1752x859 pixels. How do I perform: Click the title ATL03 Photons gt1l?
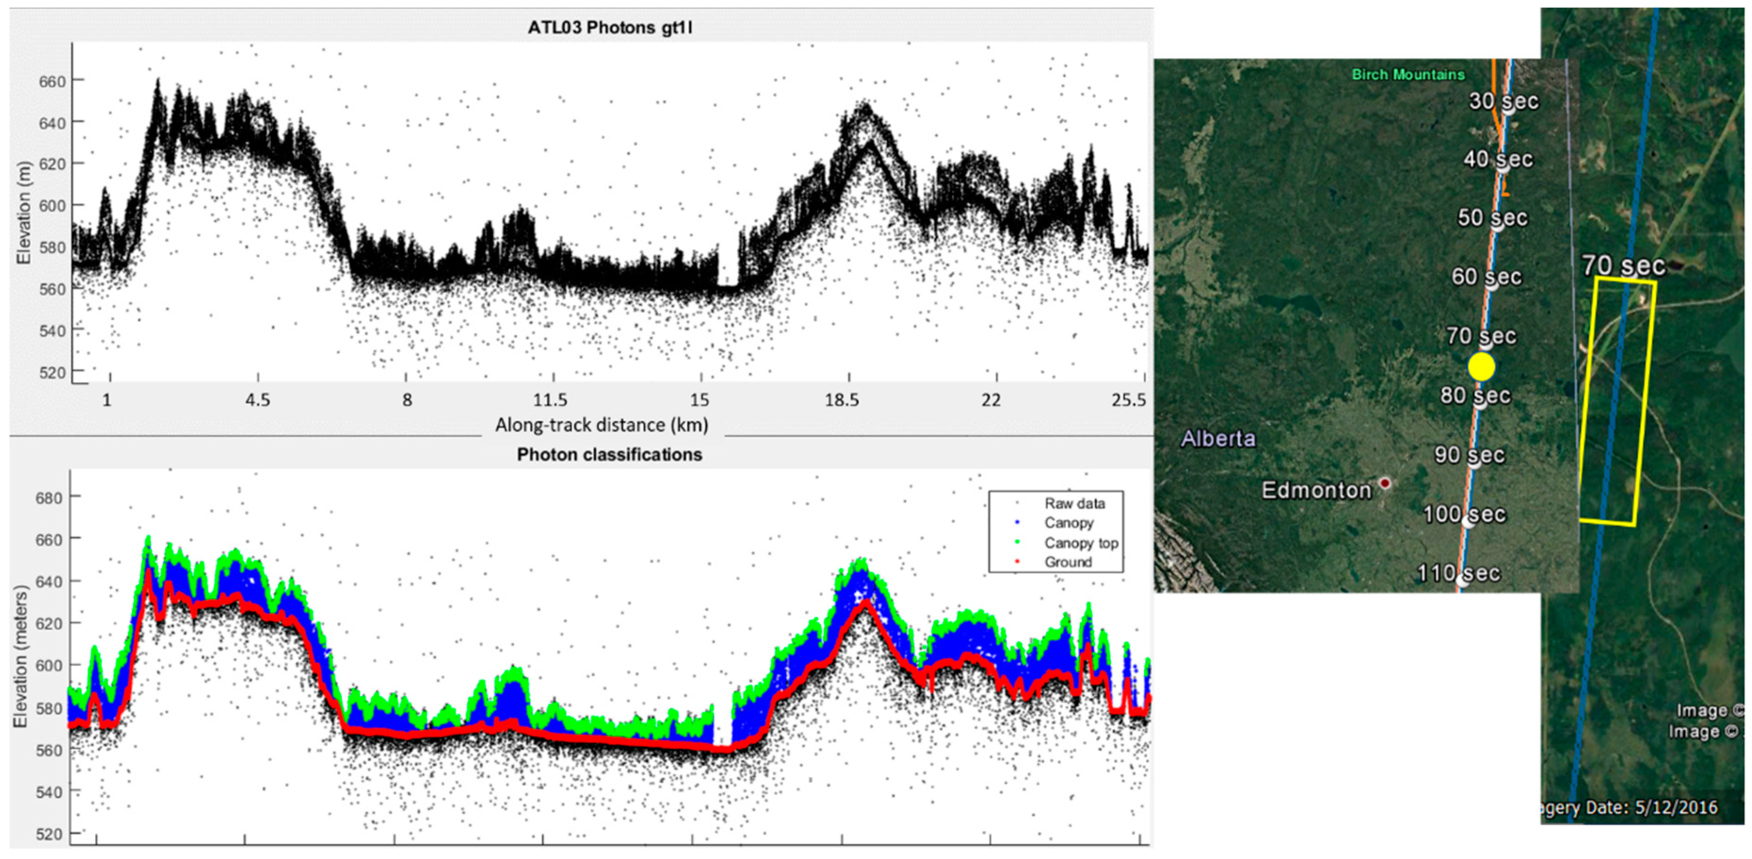click(x=610, y=28)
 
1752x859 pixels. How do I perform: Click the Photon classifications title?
click(x=609, y=454)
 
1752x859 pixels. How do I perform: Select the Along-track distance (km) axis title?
click(x=601, y=425)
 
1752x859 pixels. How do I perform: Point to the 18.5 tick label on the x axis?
click(x=842, y=400)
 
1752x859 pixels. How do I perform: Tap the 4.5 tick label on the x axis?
click(x=258, y=400)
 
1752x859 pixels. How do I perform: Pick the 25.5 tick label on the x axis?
click(x=1128, y=400)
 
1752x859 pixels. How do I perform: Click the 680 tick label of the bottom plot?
click(x=48, y=498)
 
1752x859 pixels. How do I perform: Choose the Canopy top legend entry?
click(x=1081, y=543)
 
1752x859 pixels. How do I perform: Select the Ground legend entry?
click(x=1068, y=562)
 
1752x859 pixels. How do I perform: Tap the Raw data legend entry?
click(x=1075, y=503)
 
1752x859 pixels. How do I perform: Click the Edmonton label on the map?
click(x=1316, y=490)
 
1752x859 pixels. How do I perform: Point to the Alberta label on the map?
click(x=1217, y=439)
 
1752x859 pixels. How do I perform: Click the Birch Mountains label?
click(x=1408, y=75)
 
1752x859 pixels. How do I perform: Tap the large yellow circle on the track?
click(x=1481, y=367)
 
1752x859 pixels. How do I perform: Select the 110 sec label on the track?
click(x=1459, y=573)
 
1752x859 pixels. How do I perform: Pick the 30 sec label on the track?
click(x=1503, y=101)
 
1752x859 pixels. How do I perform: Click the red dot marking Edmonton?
click(x=1385, y=483)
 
